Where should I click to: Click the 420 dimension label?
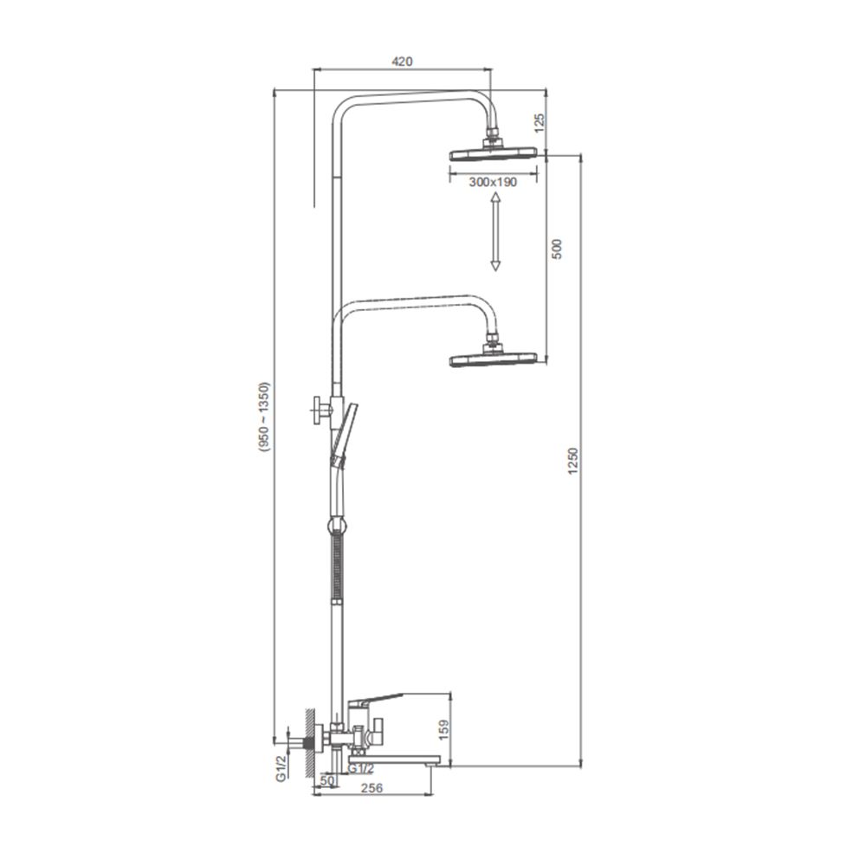[x=402, y=61]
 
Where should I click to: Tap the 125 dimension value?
[x=540, y=121]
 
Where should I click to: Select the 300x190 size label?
[x=493, y=182]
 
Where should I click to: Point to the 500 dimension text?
[x=556, y=249]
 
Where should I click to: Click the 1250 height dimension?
[x=572, y=461]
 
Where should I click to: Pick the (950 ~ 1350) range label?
[x=264, y=417]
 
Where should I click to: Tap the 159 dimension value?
[x=443, y=729]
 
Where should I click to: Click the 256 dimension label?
[x=372, y=788]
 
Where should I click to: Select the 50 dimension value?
[x=327, y=780]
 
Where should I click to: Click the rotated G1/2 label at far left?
[x=281, y=768]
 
